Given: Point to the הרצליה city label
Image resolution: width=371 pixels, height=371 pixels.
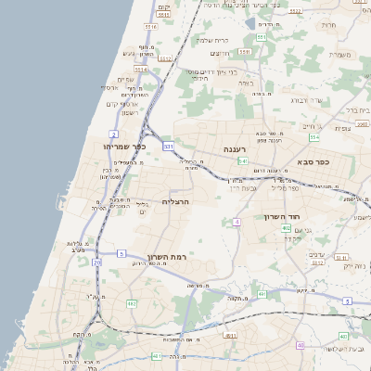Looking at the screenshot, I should [x=175, y=201].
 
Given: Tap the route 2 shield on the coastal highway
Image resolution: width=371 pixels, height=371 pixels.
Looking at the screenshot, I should [x=113, y=134].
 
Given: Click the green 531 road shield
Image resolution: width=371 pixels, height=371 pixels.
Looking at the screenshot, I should [x=168, y=147].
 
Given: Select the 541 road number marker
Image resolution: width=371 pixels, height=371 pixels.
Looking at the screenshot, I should [x=242, y=160].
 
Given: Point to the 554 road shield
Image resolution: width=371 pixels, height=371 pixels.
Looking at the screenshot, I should [x=314, y=137].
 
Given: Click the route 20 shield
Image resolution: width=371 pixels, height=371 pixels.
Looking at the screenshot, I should [x=97, y=262].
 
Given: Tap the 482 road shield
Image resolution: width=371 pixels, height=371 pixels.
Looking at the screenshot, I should [x=132, y=303].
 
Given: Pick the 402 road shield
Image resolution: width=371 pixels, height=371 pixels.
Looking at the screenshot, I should [x=286, y=228].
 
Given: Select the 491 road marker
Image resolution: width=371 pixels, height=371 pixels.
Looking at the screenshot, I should [x=262, y=294].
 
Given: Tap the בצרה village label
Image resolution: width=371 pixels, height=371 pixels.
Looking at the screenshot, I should [x=245, y=83].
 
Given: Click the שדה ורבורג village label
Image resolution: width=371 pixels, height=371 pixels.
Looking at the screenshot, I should [x=305, y=100].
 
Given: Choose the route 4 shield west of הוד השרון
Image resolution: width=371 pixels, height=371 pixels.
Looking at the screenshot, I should [x=237, y=222].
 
